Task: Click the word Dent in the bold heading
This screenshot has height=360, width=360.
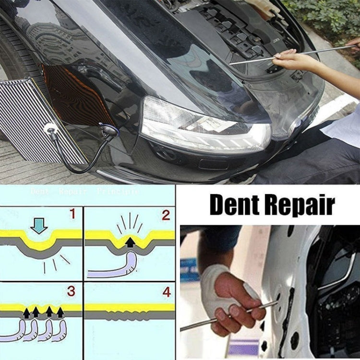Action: [x=234, y=205]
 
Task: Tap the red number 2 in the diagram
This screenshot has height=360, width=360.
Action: [x=166, y=215]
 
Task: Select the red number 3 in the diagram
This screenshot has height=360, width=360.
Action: [x=72, y=291]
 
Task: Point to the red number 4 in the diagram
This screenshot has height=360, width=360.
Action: [x=166, y=291]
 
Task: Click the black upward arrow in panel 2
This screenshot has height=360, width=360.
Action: [x=130, y=242]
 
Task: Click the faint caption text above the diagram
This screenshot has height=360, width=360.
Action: [x=84, y=191]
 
